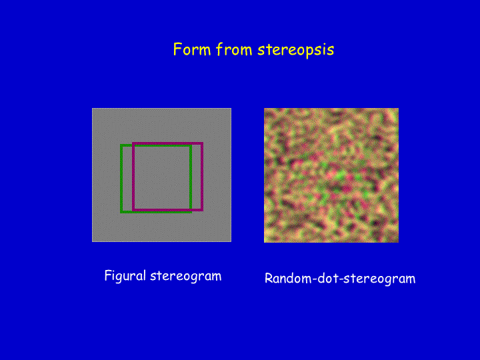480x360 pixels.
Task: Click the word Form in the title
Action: (192, 49)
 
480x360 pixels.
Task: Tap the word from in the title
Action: (234, 49)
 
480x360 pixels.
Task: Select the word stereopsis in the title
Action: (296, 50)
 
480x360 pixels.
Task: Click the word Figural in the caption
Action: (125, 276)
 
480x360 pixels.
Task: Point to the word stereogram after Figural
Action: (186, 277)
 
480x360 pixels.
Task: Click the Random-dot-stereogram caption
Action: (340, 279)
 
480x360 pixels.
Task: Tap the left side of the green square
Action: (121, 179)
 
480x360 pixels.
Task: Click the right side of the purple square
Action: (202, 177)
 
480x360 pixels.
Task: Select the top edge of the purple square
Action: (168, 143)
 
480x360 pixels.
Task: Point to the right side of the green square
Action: (191, 179)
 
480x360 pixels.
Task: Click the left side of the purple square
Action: (133, 177)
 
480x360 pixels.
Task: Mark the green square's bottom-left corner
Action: (121, 211)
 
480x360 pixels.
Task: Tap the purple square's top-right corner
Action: (202, 143)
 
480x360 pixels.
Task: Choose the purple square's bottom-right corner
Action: (202, 210)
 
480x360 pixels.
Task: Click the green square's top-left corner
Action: (121, 145)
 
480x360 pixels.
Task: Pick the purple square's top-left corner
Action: (133, 143)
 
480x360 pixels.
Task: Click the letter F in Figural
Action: (108, 275)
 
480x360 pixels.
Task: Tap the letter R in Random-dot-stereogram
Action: (269, 278)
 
